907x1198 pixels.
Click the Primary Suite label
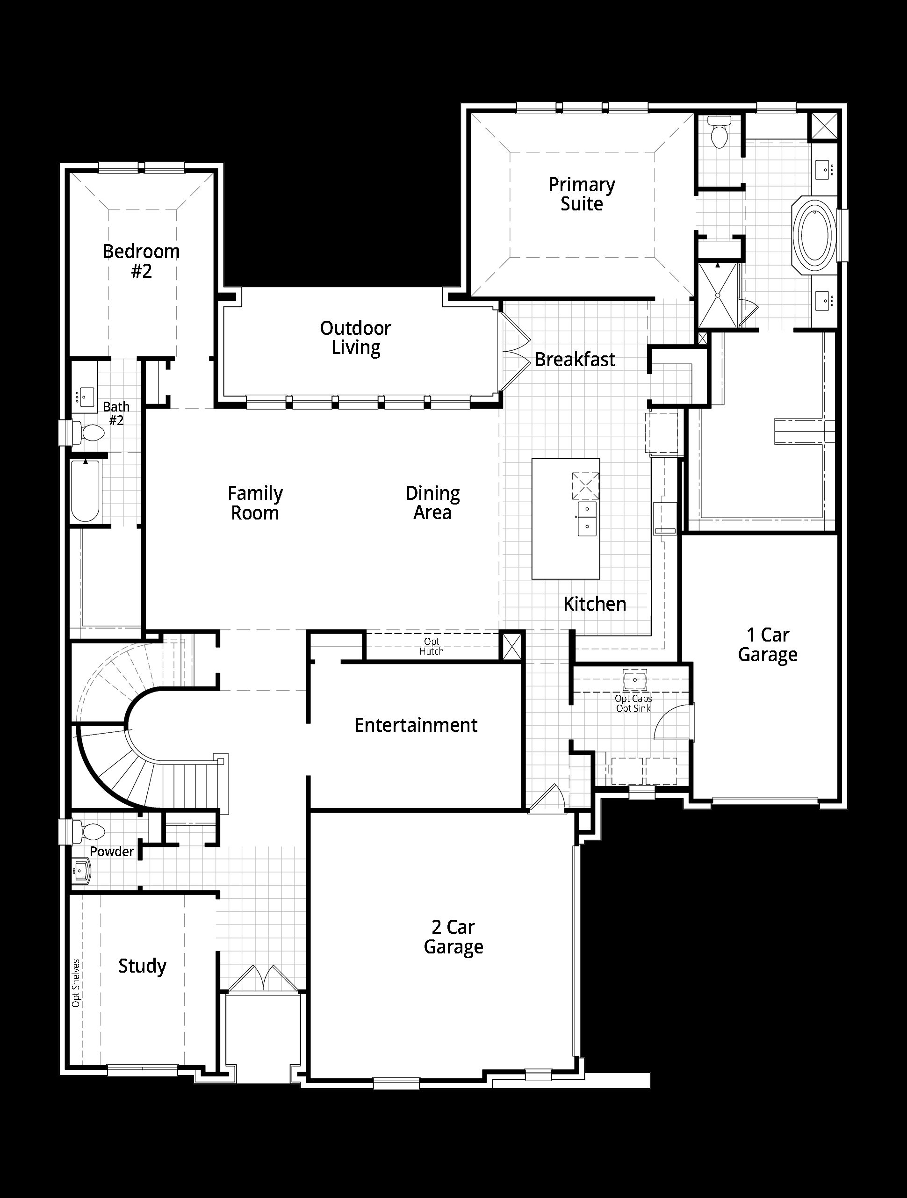point(582,194)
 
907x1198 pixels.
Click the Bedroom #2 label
point(141,261)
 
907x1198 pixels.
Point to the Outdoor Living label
point(355,338)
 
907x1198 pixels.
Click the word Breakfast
point(575,360)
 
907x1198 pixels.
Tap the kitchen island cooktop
point(585,486)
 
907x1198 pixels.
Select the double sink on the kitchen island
point(587,518)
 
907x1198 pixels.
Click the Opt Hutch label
point(432,646)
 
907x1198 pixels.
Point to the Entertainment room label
point(416,725)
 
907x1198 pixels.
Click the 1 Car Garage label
point(767,644)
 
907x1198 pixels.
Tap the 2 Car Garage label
point(453,937)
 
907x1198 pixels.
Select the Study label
point(143,966)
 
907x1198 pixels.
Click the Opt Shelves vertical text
point(76,983)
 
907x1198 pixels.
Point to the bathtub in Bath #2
point(86,490)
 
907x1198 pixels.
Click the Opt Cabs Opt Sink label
point(633,704)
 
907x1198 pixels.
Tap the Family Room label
point(255,503)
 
